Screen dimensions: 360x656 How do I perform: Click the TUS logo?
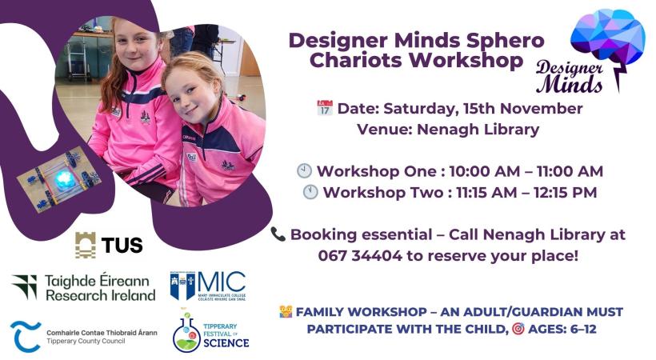[x=109, y=245]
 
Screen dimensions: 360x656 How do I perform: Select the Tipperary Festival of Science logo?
[x=211, y=329]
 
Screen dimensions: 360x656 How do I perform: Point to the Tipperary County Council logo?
[x=83, y=336]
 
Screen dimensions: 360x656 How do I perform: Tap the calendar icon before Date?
[x=324, y=108]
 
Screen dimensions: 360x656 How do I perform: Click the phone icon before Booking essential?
[x=278, y=234]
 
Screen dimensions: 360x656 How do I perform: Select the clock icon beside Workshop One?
[x=304, y=170]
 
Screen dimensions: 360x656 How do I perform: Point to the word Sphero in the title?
[x=506, y=40]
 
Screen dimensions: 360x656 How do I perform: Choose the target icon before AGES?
[x=518, y=329]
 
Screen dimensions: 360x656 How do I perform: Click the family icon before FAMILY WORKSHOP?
[x=286, y=311]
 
